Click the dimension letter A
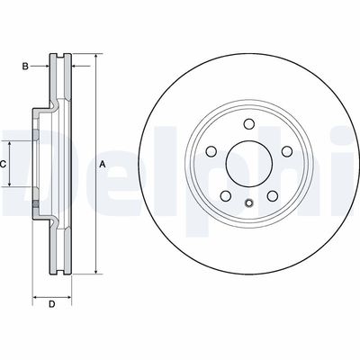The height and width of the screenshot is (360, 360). pyautogui.click(x=103, y=164)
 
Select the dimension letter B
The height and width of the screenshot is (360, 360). pyautogui.click(x=26, y=66)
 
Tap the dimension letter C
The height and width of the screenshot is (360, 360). pyautogui.click(x=4, y=164)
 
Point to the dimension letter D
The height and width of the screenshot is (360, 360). pyautogui.click(x=51, y=303)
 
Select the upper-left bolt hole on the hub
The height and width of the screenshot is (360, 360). pyautogui.click(x=212, y=150)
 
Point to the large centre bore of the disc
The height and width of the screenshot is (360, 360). pyautogui.click(x=246, y=164)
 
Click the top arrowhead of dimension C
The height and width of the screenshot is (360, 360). pyautogui.click(x=12, y=144)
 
